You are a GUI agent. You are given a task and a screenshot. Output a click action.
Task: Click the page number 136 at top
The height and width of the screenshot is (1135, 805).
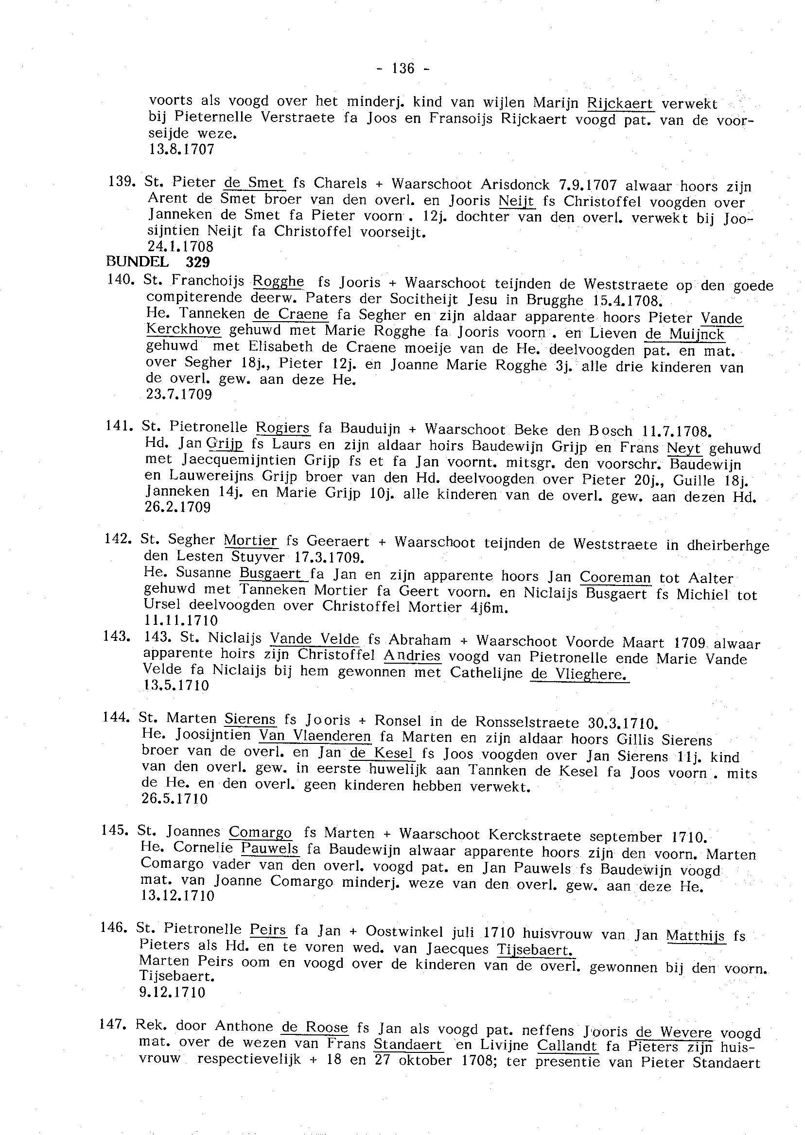pos(402,68)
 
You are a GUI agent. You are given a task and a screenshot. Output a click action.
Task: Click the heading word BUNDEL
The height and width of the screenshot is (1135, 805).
pos(137,261)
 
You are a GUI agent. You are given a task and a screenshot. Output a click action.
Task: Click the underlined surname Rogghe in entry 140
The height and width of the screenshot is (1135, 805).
pos(278,281)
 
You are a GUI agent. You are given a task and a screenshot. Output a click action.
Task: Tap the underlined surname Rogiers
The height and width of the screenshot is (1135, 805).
pos(282,427)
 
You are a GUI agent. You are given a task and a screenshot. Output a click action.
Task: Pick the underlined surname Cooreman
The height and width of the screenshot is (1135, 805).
pos(614,577)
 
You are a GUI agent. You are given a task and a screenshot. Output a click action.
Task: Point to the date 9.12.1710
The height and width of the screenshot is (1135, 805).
pos(172,992)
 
